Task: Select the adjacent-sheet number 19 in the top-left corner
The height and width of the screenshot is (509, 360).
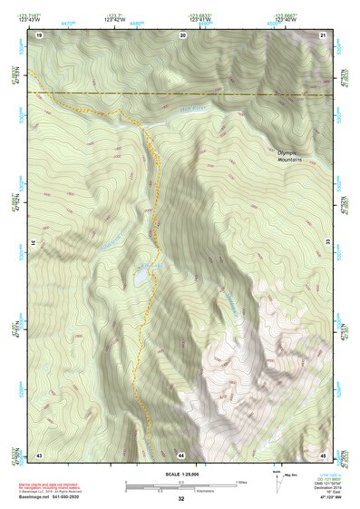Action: click(x=39, y=34)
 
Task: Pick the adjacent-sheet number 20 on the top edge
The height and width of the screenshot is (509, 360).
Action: click(x=182, y=34)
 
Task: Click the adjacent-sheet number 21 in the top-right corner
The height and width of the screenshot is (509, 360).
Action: click(x=324, y=34)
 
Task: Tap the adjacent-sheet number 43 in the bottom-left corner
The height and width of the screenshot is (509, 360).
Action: click(x=39, y=454)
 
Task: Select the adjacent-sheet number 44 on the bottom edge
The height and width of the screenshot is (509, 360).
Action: click(x=182, y=454)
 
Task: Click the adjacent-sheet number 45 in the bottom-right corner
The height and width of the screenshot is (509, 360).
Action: click(x=324, y=454)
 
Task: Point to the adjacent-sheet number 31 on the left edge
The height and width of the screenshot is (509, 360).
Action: click(x=34, y=244)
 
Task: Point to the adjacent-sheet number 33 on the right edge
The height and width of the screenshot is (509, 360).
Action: click(x=329, y=244)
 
